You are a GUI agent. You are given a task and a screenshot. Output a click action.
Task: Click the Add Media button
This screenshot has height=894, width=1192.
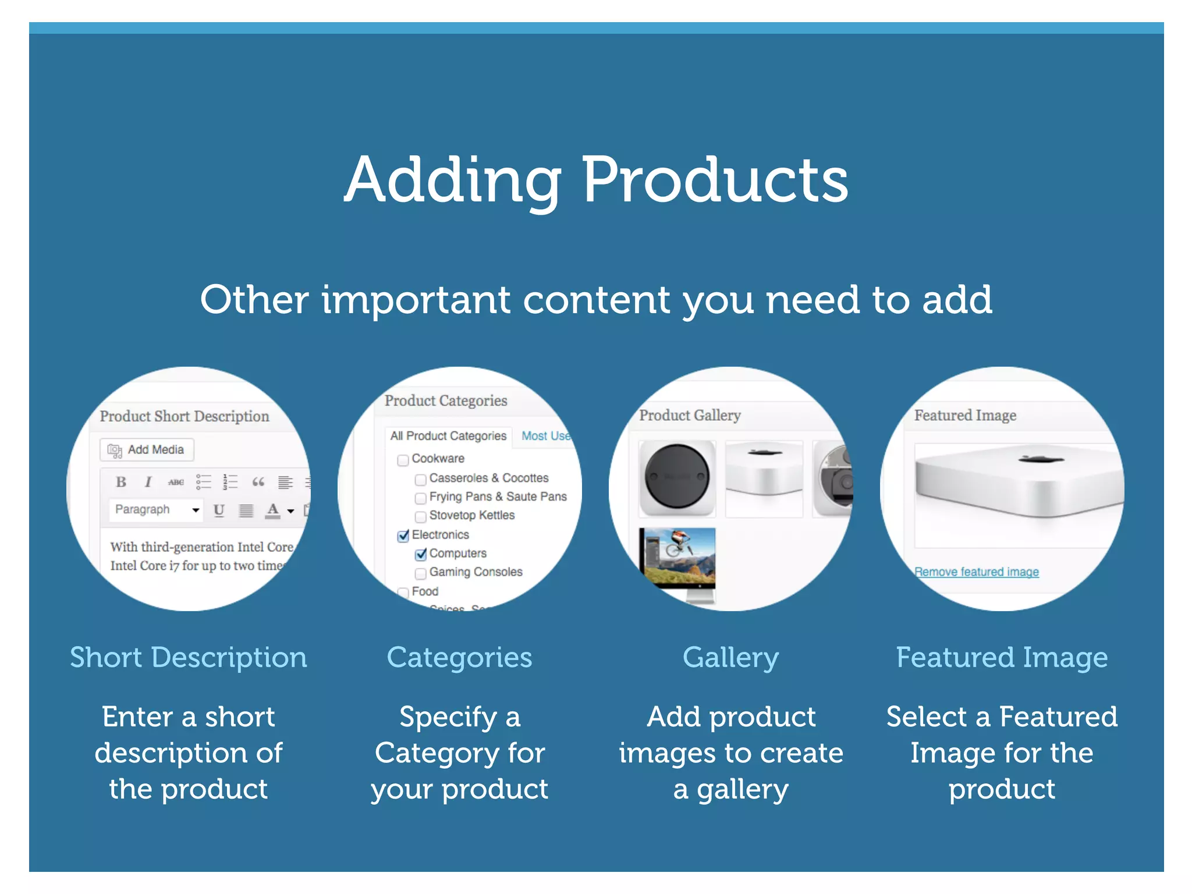[x=147, y=450]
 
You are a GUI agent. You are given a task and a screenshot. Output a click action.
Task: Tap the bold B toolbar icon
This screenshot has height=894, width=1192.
[x=121, y=482]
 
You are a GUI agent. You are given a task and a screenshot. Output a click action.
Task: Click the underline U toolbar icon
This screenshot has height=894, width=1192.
[x=219, y=510]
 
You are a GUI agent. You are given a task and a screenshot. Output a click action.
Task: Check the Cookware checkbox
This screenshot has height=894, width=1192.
[x=403, y=460]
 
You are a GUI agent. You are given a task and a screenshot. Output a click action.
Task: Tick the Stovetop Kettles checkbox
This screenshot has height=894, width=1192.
[x=420, y=517]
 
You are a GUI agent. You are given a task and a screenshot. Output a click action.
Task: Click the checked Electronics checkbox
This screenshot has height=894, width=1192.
[x=403, y=536]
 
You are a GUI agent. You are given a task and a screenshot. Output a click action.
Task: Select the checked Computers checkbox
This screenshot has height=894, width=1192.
[x=421, y=555]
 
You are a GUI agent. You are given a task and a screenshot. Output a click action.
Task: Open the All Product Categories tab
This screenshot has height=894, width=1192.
[x=448, y=436]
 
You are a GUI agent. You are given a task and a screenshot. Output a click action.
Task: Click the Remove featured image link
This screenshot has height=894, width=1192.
[x=977, y=572]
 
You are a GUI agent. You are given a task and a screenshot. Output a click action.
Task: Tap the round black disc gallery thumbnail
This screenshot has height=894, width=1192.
[x=677, y=477]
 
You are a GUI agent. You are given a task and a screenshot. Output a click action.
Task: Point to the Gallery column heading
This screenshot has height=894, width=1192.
[x=730, y=658]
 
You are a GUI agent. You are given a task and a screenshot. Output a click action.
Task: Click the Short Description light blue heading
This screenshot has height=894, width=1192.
[x=188, y=658]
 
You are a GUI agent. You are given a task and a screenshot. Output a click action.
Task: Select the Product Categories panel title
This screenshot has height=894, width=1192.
[x=446, y=401]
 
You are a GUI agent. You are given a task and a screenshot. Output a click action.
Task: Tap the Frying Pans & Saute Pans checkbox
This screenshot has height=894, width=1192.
[x=420, y=498]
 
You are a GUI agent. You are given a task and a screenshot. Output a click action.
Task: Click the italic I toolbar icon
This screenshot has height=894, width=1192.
[x=148, y=482]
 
